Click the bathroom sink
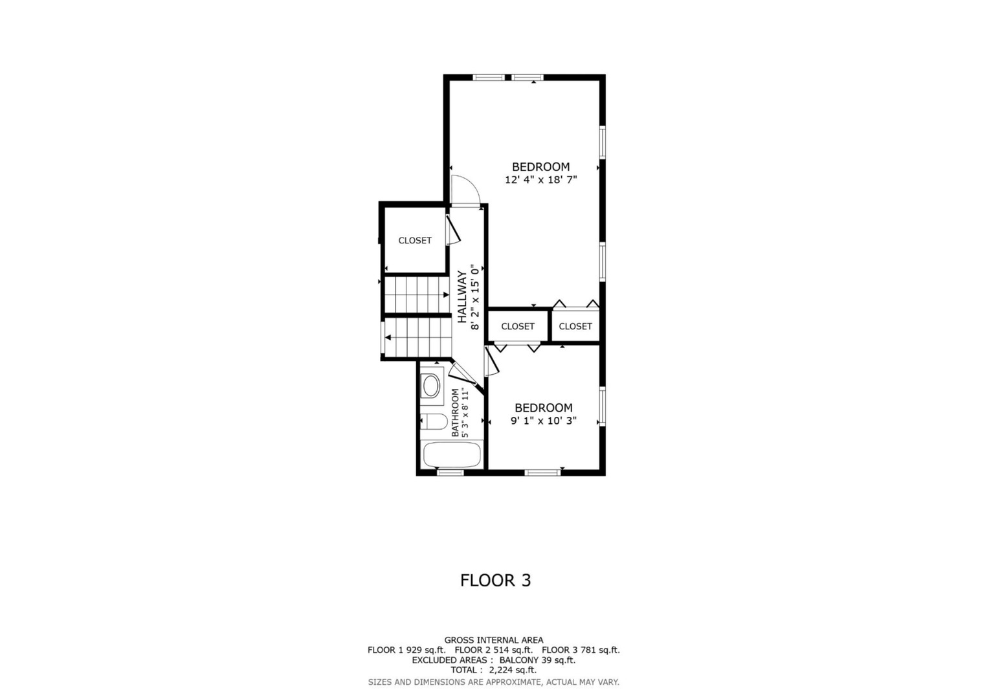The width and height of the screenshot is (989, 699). coord(431,386)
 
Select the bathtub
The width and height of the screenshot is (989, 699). coord(452,455)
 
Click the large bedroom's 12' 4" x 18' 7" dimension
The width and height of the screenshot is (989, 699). coord(541,180)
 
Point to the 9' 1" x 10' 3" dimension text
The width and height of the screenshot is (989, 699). coord(544,421)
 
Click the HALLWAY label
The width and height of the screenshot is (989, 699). coord(462,296)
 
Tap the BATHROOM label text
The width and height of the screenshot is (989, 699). coord(455,413)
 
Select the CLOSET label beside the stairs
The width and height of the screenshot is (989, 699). coord(415,241)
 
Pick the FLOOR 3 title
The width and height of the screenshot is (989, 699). coord(495,580)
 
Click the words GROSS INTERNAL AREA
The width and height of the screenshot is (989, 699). coord(494,640)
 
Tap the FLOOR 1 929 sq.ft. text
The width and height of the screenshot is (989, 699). coord(406,650)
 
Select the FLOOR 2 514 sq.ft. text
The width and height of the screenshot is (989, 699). coord(494,650)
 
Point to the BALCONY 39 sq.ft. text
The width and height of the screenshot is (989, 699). coord(537,660)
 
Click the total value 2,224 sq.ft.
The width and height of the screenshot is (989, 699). coord(513,671)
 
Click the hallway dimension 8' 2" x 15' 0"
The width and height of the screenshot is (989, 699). coord(474,296)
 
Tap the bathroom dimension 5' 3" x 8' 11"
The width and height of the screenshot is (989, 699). coord(464,413)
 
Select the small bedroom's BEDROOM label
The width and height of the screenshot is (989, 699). coord(544,408)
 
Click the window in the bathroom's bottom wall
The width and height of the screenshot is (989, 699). coord(450,472)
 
